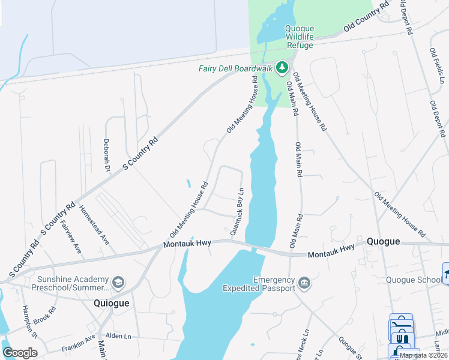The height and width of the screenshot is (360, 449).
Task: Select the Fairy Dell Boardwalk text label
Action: coord(236,68)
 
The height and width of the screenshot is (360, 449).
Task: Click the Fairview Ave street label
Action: coord(70,236)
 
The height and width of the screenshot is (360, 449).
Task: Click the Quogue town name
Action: coord(384,241)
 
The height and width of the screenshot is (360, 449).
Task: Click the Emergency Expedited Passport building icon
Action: coord(304,282)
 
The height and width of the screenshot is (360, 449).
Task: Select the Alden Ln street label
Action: coord(119,337)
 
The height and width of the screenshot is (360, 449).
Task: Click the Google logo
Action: coord(20,353)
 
